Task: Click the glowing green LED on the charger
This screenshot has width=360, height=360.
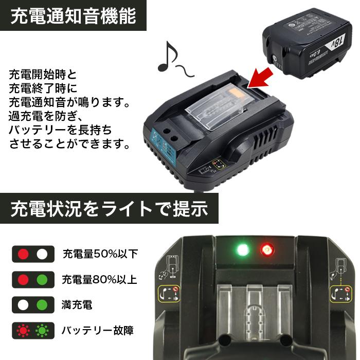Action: pos(241,250)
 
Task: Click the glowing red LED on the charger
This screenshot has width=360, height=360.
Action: pos(266,250)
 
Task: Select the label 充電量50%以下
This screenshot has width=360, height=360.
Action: pos(100,254)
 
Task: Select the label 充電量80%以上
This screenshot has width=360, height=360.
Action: pos(100,280)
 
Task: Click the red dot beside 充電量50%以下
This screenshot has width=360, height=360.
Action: pos(23,254)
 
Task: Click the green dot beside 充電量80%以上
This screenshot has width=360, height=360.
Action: pos(42,280)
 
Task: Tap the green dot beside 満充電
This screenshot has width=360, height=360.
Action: pos(42,305)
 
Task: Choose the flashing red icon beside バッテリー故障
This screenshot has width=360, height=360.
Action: pos(23,330)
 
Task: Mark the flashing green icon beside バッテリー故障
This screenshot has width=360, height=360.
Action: pos(42,330)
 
